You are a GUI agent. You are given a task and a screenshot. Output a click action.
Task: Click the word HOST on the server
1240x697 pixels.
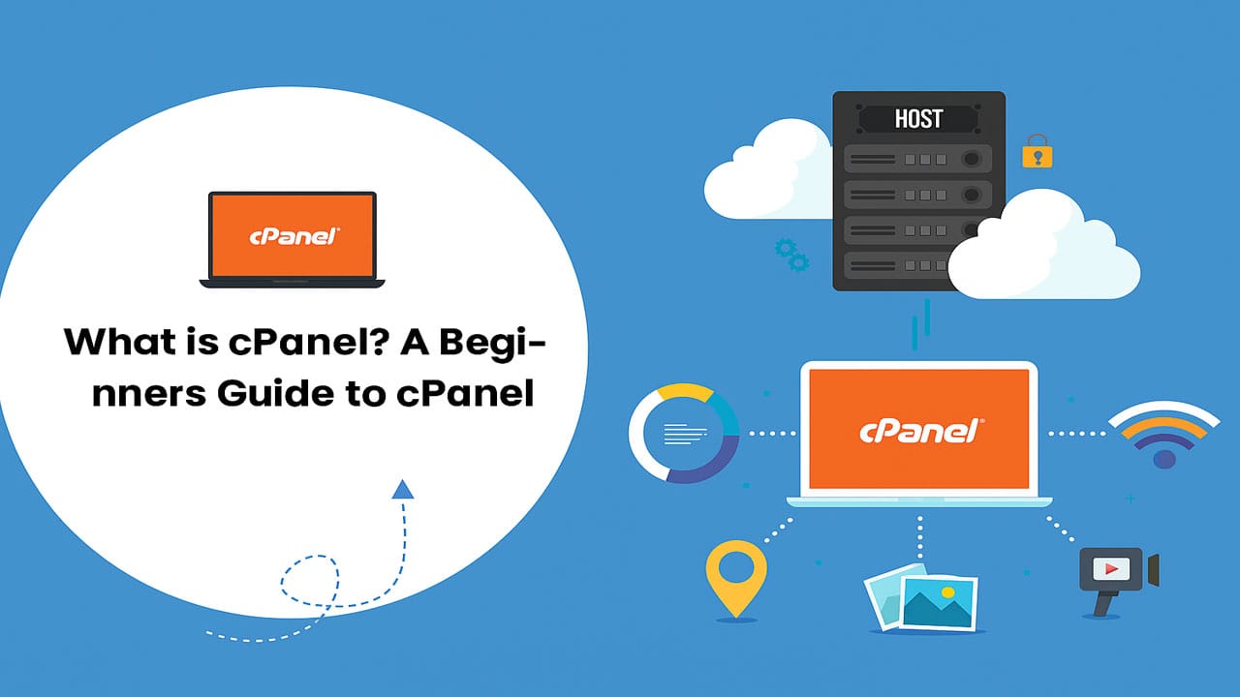pyautogui.click(x=918, y=119)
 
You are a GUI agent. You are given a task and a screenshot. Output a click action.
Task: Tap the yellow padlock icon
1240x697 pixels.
pyautogui.click(x=1037, y=152)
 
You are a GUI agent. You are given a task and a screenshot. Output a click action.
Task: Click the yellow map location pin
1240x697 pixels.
pyautogui.click(x=736, y=578)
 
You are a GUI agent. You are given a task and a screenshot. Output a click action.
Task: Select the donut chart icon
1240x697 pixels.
pyautogui.click(x=684, y=434)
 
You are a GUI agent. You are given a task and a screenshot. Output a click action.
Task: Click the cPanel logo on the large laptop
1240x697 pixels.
pyautogui.click(x=919, y=431)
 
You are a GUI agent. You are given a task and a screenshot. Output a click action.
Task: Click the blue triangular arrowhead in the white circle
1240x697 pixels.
pyautogui.click(x=402, y=490)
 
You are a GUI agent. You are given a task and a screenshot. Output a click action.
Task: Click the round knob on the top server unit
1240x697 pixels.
pyautogui.click(x=969, y=159)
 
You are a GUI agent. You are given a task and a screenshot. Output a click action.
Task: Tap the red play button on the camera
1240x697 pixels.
pyautogui.click(x=1105, y=568)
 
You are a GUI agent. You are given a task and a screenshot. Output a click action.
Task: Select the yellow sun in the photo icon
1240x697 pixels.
pyautogui.click(x=948, y=591)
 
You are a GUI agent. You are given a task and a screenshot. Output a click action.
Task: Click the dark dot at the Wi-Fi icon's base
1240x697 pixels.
pyautogui.click(x=1163, y=458)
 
